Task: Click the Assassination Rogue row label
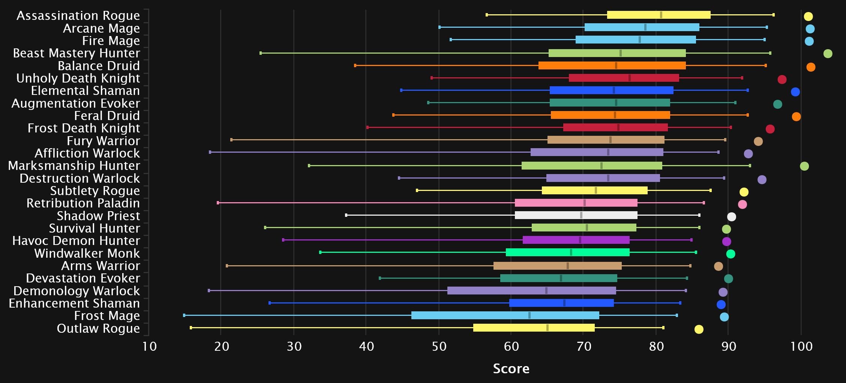click(x=78, y=16)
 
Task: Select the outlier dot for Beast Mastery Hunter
click(x=828, y=54)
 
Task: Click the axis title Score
click(x=511, y=369)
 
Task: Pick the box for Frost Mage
click(x=505, y=315)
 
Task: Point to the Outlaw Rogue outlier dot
click(x=699, y=329)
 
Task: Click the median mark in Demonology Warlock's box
click(x=546, y=291)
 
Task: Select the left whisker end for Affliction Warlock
click(x=210, y=152)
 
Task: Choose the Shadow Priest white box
click(x=576, y=215)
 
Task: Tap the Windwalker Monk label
click(x=87, y=254)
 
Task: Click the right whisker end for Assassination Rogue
click(x=773, y=15)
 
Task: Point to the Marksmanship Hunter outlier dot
click(x=804, y=166)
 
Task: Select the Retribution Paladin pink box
click(x=576, y=203)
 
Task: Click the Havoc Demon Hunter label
click(x=76, y=241)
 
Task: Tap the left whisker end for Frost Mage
click(x=184, y=315)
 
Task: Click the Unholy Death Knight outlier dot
click(x=781, y=80)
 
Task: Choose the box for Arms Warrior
click(x=557, y=266)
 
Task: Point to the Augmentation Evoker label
click(x=76, y=104)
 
